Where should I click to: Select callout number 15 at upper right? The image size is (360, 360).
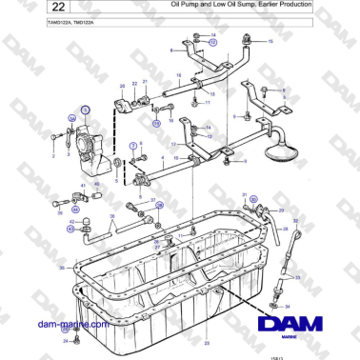coord(269,43)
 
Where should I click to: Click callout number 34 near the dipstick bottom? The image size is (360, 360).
coord(288,306)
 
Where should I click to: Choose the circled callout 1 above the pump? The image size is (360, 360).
coord(85,110)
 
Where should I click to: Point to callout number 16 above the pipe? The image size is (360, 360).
coord(179,74)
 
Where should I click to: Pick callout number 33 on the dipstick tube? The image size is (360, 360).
coord(298,277)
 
